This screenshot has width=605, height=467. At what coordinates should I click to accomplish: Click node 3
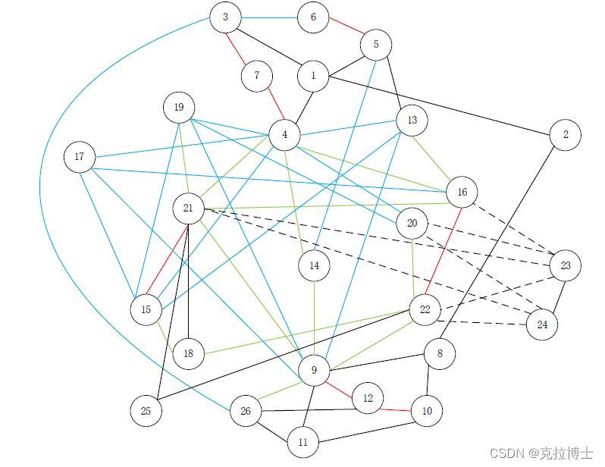coord(225,17)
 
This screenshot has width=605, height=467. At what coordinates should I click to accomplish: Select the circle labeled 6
coord(313,17)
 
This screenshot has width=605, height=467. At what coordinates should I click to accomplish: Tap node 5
coord(376,45)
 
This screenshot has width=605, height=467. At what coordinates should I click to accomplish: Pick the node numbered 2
coord(566,135)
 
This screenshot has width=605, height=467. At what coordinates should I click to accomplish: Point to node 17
coord(80,157)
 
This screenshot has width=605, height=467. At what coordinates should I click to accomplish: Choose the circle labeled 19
coord(179,108)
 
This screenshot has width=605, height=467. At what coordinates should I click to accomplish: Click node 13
coord(412,121)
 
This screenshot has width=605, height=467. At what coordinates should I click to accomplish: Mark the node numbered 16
coord(462,192)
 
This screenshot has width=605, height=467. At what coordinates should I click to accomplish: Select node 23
coord(566,265)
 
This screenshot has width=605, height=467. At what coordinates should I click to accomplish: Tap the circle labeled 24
coord(542,324)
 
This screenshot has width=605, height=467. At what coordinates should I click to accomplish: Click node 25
coord(146,410)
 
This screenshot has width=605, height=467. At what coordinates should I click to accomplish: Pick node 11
coord(303,442)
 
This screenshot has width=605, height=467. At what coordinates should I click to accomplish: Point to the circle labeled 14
coord(315,265)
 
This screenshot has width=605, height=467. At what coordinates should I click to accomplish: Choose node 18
coord(188,353)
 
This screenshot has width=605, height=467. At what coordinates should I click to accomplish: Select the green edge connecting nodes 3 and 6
coord(269,17)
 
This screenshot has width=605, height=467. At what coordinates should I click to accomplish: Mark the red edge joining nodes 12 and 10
coord(397,409)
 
